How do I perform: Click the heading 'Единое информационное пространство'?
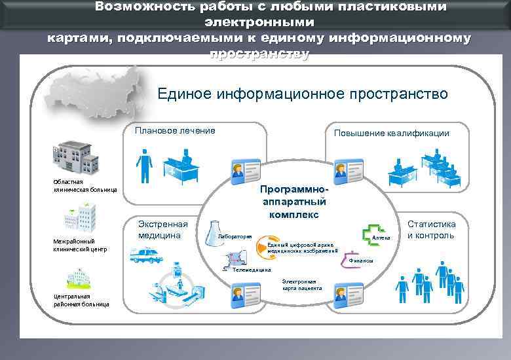point(303,94)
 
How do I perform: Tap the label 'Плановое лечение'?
point(175,131)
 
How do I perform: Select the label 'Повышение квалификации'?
point(391,133)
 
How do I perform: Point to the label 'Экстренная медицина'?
point(162,229)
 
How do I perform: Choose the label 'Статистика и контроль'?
point(431,229)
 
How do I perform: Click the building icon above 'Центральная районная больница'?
point(73,281)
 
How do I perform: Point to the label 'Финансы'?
point(360,261)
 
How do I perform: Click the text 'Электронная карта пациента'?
point(302,284)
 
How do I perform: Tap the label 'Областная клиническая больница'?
point(85,186)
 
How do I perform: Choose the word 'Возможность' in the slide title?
point(134,7)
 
